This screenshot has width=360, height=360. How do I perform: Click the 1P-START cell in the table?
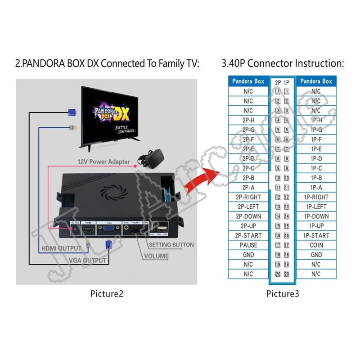pos(316,235)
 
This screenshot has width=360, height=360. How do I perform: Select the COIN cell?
pos(316,245)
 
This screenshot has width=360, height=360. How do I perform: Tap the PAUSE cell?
pos(248,245)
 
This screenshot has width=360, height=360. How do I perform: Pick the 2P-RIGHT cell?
pos(248,197)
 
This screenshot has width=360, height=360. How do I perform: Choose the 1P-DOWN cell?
pos(316,216)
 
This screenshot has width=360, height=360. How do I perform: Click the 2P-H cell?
pos(248,120)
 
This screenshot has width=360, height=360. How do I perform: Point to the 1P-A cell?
pos(316,187)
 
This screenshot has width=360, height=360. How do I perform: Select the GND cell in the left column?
pos(248,255)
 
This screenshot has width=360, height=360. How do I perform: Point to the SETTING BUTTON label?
pos(171,245)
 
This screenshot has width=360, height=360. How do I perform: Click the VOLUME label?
pos(157,256)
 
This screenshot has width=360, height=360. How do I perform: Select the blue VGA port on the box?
pos(108,229)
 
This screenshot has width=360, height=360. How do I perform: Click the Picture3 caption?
pos(282,294)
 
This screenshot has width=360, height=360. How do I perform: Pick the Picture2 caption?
pos(106,294)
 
